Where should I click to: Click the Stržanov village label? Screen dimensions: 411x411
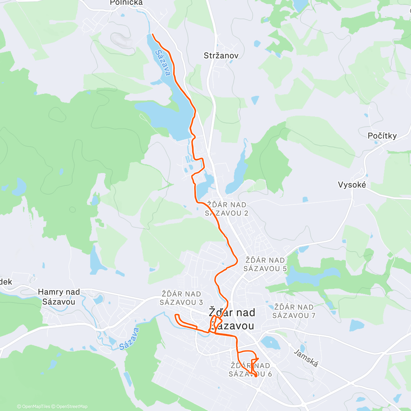coord(221,55)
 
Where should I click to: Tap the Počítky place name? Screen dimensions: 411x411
coord(382,136)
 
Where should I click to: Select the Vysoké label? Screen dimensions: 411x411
coord(352,185)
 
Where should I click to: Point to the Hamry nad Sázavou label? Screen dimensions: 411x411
coord(59,297)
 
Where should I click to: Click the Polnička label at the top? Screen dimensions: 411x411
coord(126,3)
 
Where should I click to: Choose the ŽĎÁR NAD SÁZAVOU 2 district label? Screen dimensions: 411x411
coord(227,209)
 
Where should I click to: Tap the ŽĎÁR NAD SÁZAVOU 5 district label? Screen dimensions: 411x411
coord(265,264)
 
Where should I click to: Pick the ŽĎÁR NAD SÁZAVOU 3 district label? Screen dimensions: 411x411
coord(181,298)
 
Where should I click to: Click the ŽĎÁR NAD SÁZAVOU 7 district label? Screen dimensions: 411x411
coord(294,311)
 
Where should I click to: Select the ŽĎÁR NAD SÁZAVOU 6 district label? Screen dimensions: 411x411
coord(250,370)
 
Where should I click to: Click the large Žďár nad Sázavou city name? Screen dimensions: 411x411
coord(232,319)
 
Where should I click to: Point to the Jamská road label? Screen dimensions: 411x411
coord(306,358)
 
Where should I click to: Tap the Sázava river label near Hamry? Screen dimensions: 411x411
coord(129,339)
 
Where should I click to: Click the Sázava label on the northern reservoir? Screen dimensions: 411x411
coord(163,63)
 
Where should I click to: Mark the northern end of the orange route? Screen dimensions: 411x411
coord(152,35)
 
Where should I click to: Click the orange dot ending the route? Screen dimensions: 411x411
coord(256,376)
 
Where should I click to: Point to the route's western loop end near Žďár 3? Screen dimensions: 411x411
coord(176,315)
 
